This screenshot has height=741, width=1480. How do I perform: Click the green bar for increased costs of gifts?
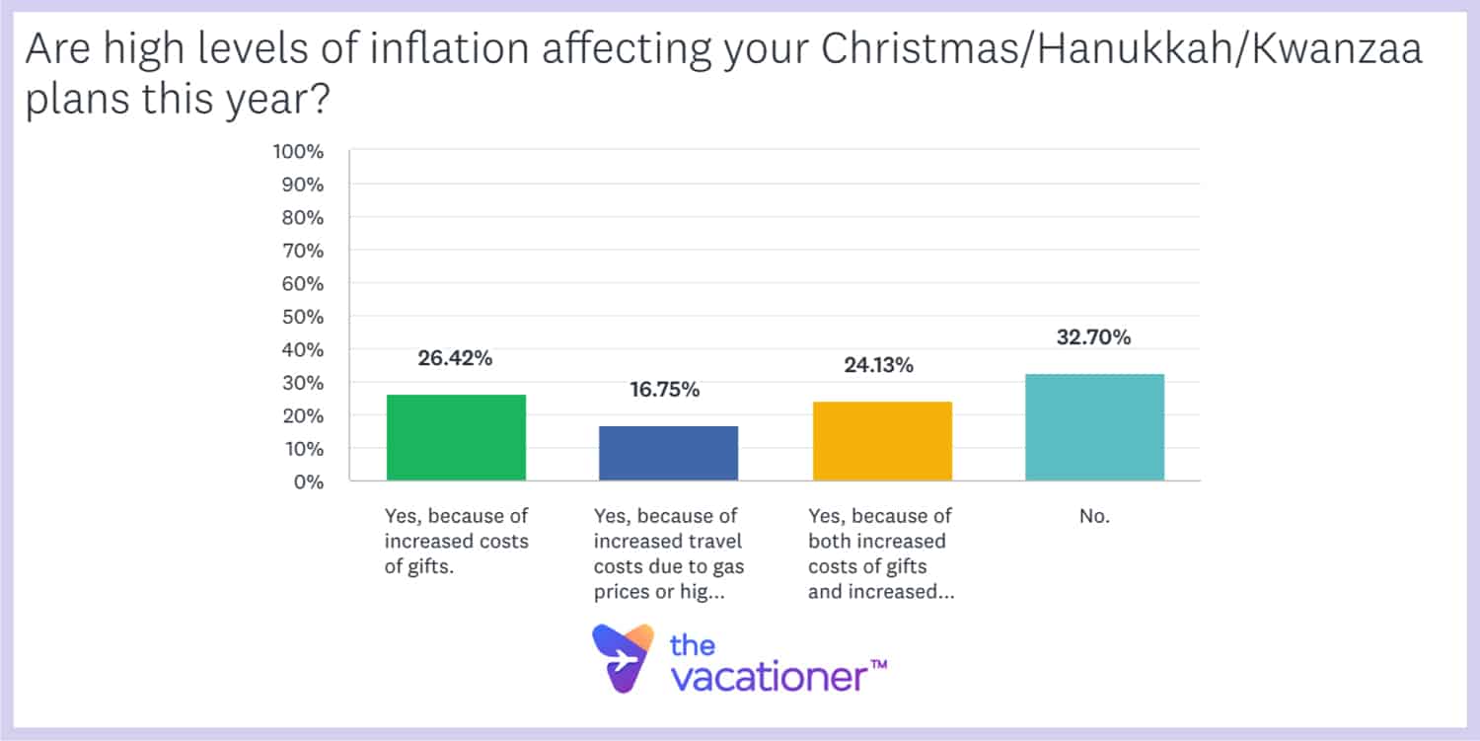tap(456, 437)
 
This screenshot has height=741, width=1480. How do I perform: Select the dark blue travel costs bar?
tap(668, 453)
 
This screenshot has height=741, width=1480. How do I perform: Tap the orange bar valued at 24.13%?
tap(881, 441)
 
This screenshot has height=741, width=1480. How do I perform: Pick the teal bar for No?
tap(1094, 427)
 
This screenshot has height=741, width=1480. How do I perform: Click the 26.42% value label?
tap(456, 358)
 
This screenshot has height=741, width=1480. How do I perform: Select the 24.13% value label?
tap(878, 366)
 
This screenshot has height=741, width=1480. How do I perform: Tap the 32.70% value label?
tap(1094, 337)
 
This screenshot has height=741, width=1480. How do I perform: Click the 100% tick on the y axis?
tap(298, 151)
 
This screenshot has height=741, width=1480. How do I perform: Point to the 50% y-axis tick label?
tap(302, 317)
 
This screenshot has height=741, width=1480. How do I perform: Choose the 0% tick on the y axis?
tap(308, 482)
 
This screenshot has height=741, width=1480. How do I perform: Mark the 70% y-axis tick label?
tap(302, 251)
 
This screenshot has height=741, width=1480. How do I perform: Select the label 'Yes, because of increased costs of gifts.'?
tap(457, 541)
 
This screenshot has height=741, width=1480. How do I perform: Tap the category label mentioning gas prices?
tap(669, 554)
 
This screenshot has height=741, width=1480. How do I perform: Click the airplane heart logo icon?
tap(624, 657)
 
